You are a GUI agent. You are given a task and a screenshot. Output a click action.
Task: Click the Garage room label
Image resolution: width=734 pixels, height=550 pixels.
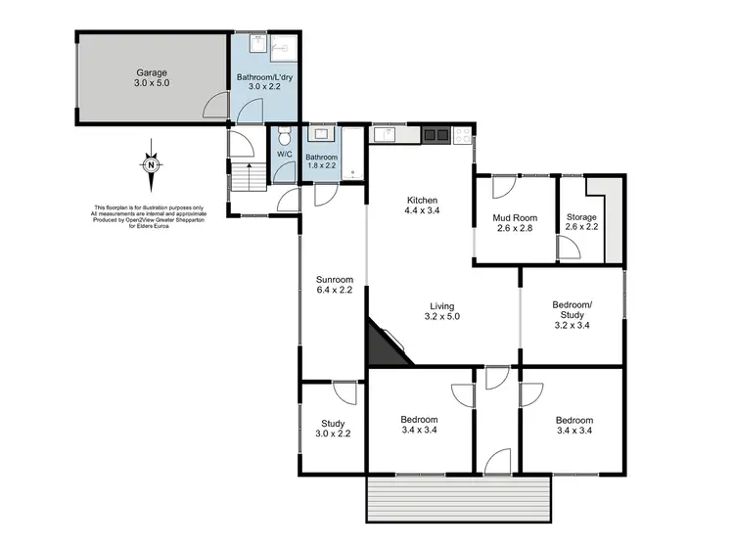(x=152, y=77)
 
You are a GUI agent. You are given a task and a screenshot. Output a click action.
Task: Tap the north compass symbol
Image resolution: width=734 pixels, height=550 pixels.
(x=151, y=164)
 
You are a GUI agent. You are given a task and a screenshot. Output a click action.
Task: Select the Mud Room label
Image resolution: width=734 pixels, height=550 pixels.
(x=514, y=223)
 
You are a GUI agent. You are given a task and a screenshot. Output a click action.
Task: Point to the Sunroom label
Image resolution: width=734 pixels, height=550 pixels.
(x=334, y=283)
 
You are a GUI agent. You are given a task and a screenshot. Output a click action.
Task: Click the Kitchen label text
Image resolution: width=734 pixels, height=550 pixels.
(x=422, y=206)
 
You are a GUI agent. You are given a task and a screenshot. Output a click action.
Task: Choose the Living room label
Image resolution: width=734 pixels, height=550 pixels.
(x=443, y=311)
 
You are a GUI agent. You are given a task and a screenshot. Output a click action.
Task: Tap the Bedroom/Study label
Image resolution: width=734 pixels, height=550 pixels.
(x=571, y=311)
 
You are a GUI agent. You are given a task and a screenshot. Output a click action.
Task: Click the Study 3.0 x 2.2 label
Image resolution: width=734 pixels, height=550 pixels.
(x=333, y=428)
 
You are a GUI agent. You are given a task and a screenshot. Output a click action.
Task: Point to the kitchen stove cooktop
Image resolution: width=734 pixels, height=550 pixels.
(x=436, y=134)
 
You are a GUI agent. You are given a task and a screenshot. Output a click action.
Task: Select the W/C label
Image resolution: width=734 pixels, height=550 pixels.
(x=284, y=155)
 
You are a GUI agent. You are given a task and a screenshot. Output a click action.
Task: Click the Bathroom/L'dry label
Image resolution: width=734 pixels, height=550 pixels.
(x=264, y=81)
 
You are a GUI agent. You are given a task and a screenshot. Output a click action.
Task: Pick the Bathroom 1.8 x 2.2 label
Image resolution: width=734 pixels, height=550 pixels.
(x=322, y=161)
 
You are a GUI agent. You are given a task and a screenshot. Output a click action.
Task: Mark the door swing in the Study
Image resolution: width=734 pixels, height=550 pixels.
(x=344, y=391)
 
